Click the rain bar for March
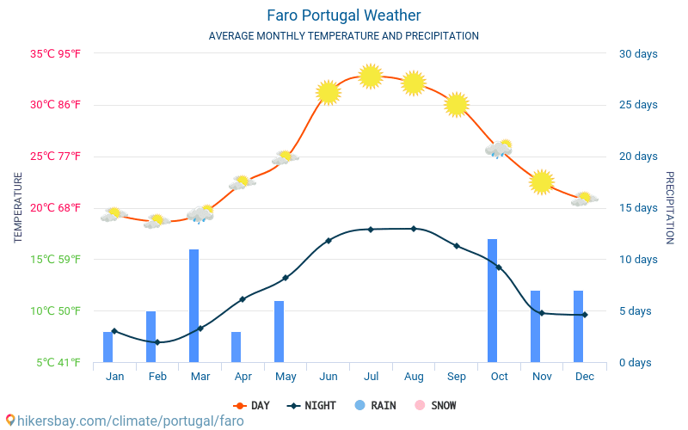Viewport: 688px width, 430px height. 194,305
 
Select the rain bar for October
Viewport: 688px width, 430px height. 493,300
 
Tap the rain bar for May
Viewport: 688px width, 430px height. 279,331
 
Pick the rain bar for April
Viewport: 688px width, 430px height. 236,347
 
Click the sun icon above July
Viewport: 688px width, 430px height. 371,77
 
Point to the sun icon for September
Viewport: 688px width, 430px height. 457,105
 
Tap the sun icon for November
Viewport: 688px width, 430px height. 541,182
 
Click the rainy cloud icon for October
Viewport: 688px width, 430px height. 499,149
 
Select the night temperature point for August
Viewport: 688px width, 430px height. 414,229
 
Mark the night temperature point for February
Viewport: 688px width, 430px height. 157,342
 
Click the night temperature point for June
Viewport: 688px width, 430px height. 329,241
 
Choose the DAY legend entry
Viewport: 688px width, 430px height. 251,405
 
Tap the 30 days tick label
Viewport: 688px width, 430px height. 638,54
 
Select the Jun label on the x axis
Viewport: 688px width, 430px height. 328,377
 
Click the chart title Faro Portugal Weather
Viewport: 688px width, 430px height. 344,15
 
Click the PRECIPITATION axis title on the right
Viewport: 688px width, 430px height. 670,207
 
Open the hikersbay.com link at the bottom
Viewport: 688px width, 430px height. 125,421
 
